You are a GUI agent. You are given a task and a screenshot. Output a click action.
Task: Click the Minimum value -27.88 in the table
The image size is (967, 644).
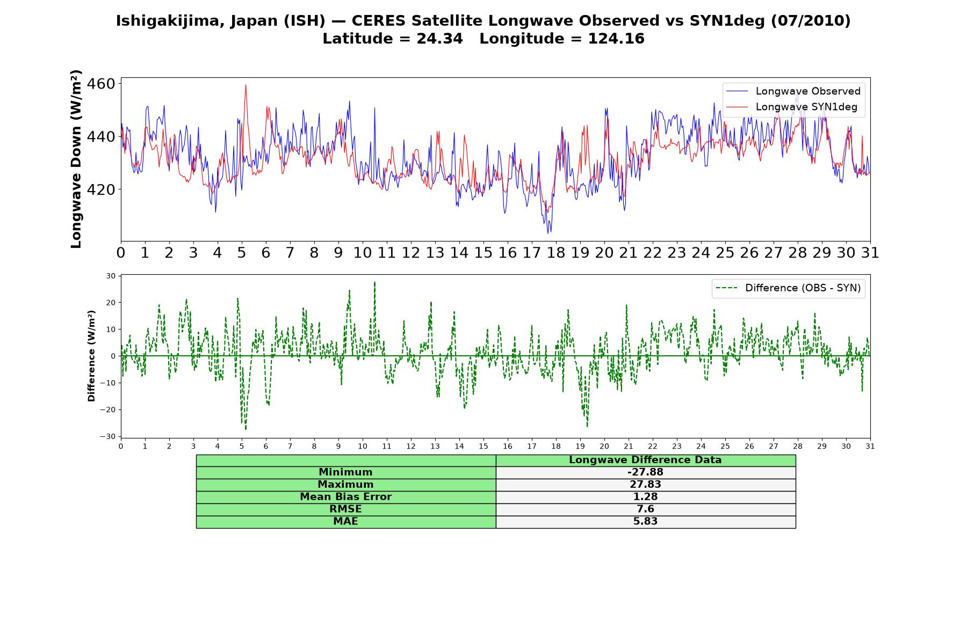[645, 472]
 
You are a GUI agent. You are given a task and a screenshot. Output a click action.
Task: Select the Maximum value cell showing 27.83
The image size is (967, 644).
[645, 485]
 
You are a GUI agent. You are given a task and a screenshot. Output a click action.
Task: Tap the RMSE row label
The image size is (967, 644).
[345, 509]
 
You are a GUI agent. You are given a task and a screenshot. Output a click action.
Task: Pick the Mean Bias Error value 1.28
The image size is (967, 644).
[645, 497]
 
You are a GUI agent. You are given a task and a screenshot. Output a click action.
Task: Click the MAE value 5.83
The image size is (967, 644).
[645, 522]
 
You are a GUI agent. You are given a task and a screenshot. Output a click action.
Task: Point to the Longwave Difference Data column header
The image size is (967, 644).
[645, 460]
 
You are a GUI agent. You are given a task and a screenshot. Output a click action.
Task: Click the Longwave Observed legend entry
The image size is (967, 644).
[793, 91]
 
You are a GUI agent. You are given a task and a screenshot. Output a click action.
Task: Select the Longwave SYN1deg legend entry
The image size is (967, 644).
[791, 107]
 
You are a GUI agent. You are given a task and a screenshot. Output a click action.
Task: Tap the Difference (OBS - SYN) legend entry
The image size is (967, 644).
[788, 288]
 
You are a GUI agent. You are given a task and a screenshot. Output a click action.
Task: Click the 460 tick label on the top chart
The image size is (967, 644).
[101, 84]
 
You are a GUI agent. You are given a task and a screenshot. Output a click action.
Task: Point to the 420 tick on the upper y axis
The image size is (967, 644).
[101, 190]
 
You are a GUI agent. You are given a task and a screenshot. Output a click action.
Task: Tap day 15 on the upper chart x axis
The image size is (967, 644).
[484, 253]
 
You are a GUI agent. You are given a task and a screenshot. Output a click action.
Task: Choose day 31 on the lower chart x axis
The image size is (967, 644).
[870, 446]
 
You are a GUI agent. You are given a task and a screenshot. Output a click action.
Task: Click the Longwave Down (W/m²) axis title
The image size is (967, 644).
[76, 159]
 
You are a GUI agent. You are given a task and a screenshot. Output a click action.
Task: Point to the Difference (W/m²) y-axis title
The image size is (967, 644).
[91, 356]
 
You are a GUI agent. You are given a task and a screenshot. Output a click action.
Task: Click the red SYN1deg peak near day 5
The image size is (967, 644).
[246, 85]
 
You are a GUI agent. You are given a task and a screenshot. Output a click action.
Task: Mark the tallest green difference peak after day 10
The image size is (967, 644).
[374, 282]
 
